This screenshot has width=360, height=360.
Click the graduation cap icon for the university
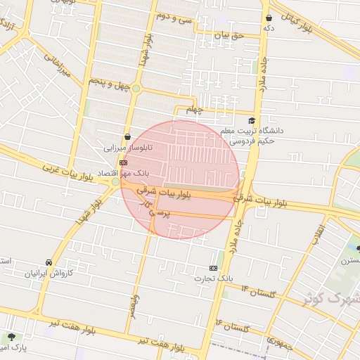point(252,121)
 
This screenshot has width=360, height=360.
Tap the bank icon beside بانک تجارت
point(214,268)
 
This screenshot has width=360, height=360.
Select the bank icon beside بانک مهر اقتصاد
point(124,162)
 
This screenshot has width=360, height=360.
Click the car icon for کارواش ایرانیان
point(49,262)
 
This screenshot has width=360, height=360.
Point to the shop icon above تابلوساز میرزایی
point(127,136)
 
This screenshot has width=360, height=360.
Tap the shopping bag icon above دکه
point(269,18)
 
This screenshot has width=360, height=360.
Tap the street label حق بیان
point(229,34)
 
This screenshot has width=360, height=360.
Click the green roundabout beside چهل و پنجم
point(136,89)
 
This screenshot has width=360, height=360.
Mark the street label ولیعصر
point(133,305)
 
